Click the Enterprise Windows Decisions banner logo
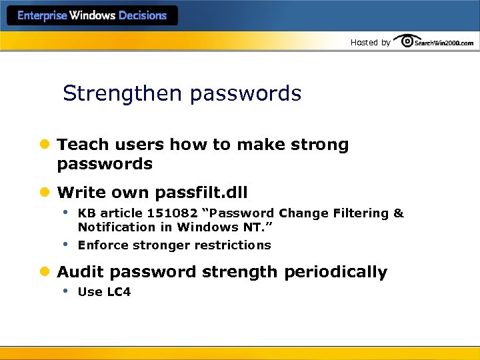[92, 15]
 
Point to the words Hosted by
[371, 43]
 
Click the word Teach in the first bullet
[79, 145]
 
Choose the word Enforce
[102, 245]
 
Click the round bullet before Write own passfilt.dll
[45, 193]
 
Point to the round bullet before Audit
[45, 272]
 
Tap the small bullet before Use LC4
[65, 291]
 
